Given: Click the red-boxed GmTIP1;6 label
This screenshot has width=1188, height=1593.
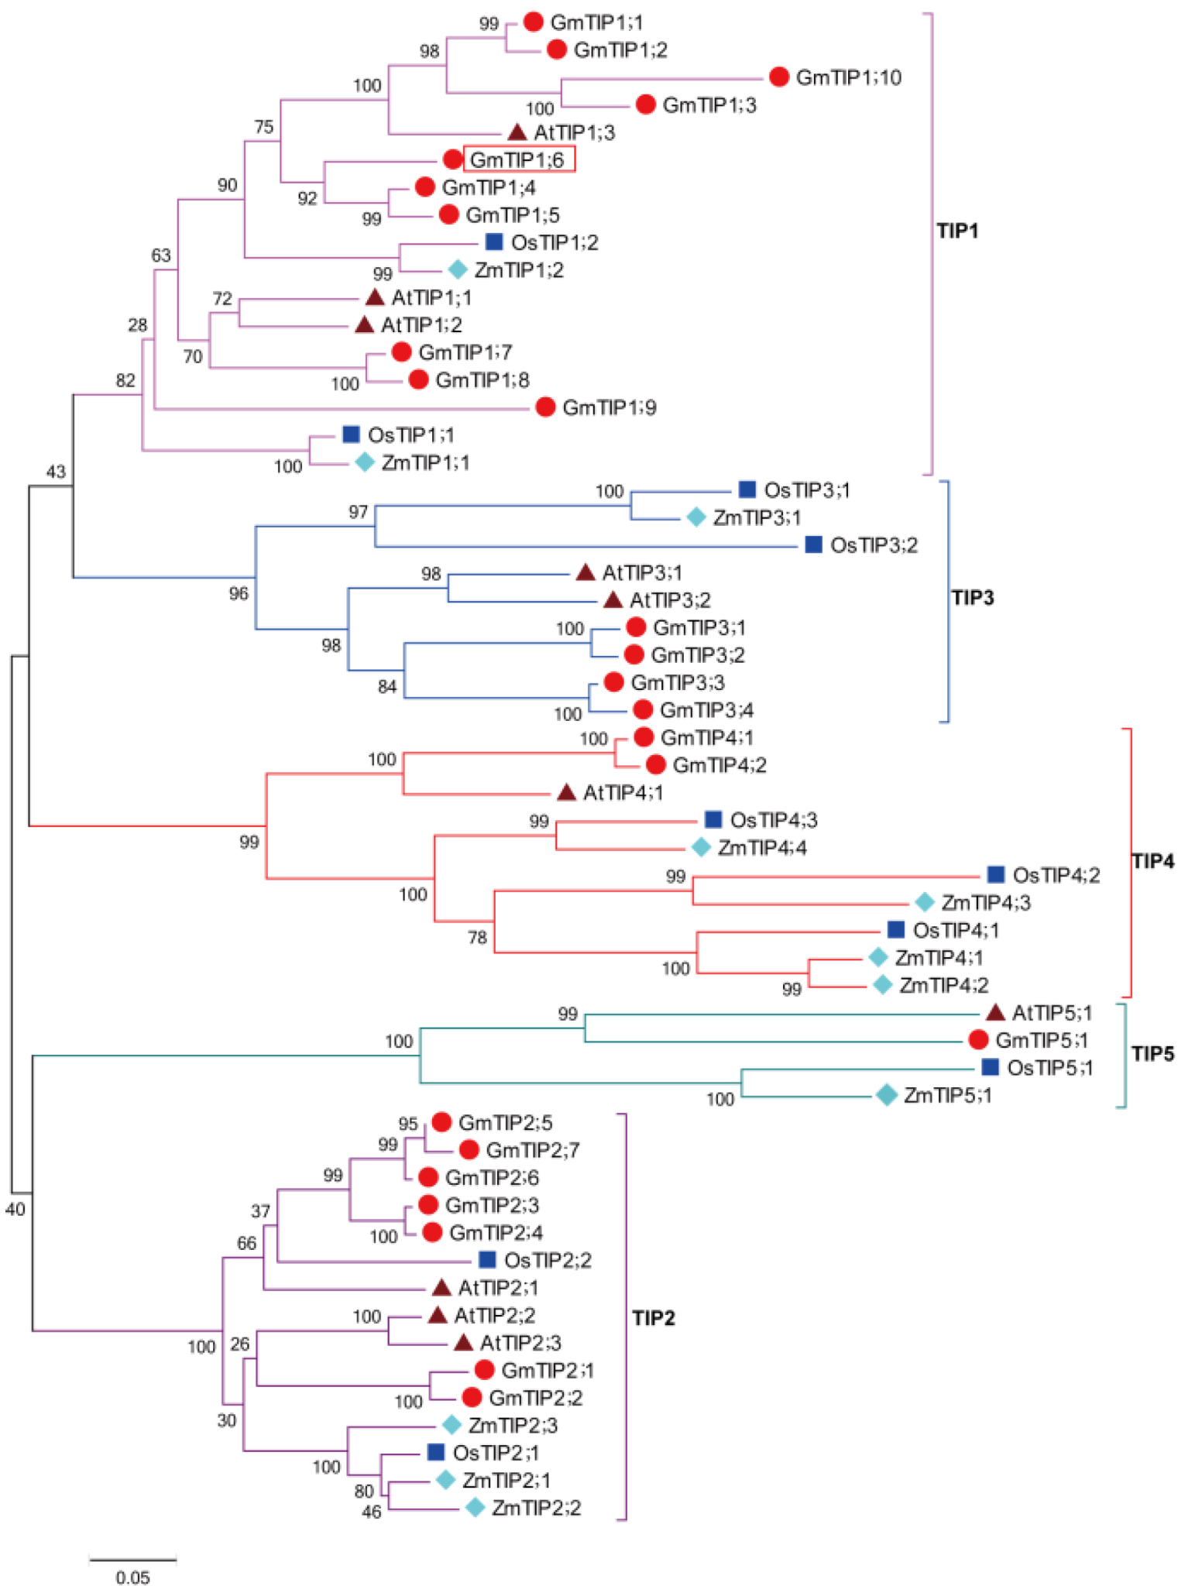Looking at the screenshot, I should point(518,160).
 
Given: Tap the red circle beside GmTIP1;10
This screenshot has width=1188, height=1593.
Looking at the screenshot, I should point(779,77).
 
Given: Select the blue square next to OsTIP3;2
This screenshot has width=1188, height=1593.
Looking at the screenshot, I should point(813,544).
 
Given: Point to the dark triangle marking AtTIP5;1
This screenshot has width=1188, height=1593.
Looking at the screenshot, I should point(995,1012).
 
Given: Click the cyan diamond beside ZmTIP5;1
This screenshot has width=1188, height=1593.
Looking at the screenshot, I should point(886,1095).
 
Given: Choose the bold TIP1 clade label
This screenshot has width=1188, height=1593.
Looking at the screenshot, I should point(957,231).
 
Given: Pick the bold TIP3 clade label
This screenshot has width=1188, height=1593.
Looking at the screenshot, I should point(972,598).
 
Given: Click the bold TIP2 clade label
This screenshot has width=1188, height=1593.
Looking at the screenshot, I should point(654,1318).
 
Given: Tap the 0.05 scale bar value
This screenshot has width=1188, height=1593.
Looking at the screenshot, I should point(133,1578).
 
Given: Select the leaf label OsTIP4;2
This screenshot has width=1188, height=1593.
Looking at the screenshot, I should point(1056,875).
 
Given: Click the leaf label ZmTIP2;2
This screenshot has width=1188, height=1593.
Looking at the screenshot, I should point(536,1508).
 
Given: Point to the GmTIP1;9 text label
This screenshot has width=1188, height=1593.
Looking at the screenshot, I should point(609,407).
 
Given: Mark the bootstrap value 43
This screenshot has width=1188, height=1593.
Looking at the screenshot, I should point(56,472).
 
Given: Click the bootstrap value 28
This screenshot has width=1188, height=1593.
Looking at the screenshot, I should point(137,324).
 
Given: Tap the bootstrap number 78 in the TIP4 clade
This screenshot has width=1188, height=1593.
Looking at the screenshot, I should point(477,937).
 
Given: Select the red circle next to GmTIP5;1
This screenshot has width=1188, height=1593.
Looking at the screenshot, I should point(978,1039).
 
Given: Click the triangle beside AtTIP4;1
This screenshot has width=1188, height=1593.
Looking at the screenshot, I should point(566,792).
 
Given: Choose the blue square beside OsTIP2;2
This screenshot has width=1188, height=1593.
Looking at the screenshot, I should point(487,1260).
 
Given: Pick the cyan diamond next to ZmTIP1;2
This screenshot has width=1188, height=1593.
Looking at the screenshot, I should point(458,270).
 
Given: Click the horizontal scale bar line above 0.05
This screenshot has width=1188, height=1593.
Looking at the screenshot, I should point(133,1559).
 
